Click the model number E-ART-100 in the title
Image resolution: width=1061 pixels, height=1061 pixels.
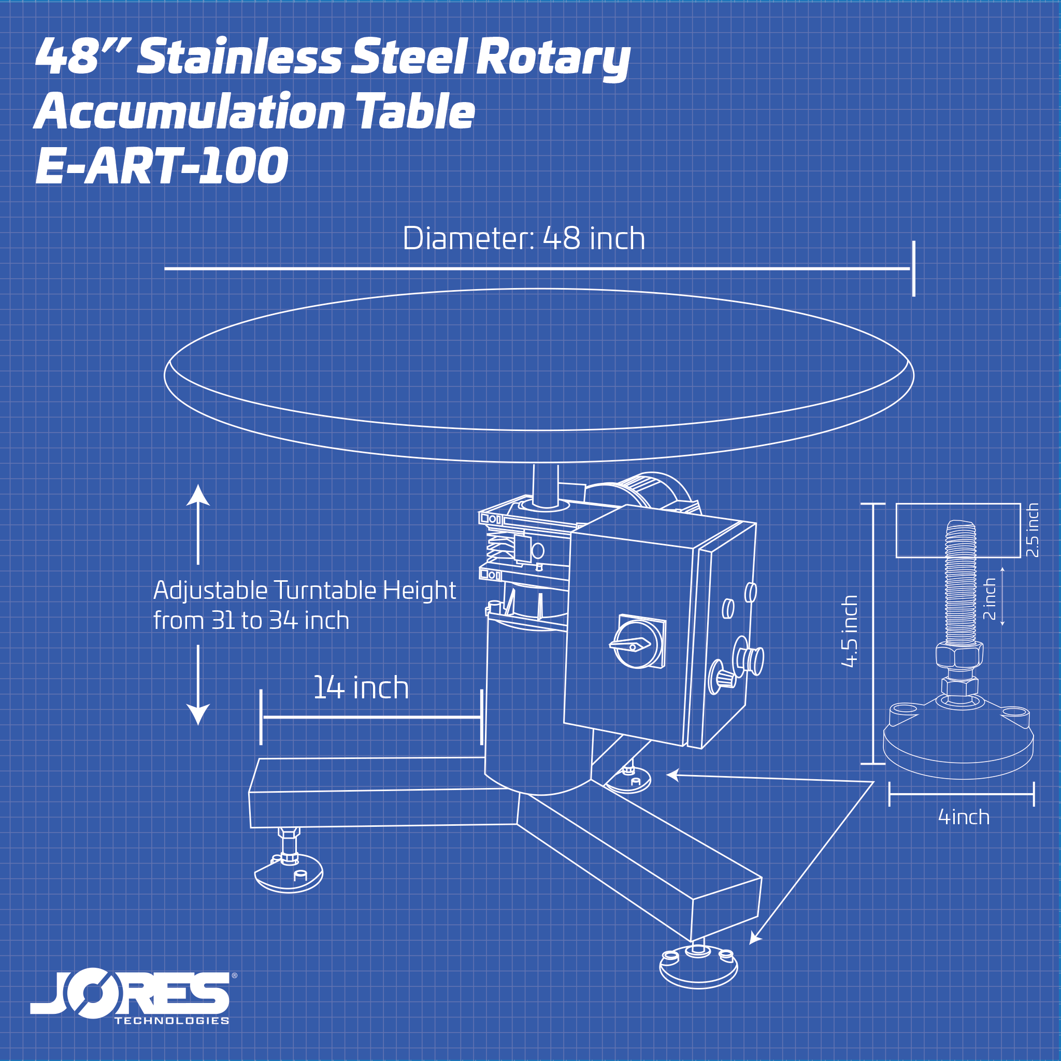(162, 165)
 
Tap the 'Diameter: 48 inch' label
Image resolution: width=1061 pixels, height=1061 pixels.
(523, 238)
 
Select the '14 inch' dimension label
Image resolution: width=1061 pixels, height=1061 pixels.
(361, 687)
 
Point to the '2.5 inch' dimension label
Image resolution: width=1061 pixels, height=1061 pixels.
(1032, 530)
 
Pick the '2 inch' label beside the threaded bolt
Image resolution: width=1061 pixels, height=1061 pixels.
(989, 598)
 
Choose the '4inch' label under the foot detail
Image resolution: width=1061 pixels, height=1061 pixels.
(964, 817)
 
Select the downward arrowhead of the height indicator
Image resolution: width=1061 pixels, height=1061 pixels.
(198, 714)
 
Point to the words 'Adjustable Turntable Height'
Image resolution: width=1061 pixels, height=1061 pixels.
(304, 591)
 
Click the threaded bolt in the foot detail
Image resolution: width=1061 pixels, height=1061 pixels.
(960, 582)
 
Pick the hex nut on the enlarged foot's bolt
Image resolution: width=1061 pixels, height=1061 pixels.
(959, 655)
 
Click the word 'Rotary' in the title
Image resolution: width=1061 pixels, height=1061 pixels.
(552, 56)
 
